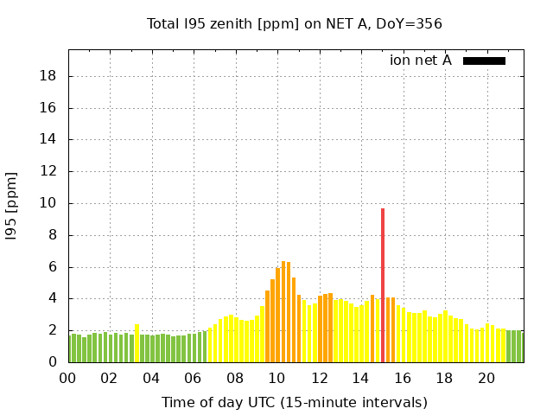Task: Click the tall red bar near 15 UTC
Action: click(383, 285)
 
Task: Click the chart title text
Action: click(294, 23)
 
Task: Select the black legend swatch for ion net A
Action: click(484, 61)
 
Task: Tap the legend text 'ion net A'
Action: click(421, 61)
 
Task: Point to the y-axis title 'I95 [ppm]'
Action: click(12, 206)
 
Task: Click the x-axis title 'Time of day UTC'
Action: click(294, 402)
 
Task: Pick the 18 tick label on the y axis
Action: click(48, 76)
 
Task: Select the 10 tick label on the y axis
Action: click(48, 203)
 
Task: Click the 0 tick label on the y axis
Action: click(53, 362)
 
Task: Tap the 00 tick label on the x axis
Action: click(67, 379)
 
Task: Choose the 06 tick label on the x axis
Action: click(193, 379)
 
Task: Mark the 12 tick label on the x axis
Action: click(319, 379)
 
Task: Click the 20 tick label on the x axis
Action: click(486, 379)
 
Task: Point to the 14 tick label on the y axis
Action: click(48, 139)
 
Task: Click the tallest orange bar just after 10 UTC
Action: click(283, 311)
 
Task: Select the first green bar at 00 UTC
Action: click(71, 348)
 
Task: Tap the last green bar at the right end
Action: click(520, 347)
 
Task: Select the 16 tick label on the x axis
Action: click(403, 379)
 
